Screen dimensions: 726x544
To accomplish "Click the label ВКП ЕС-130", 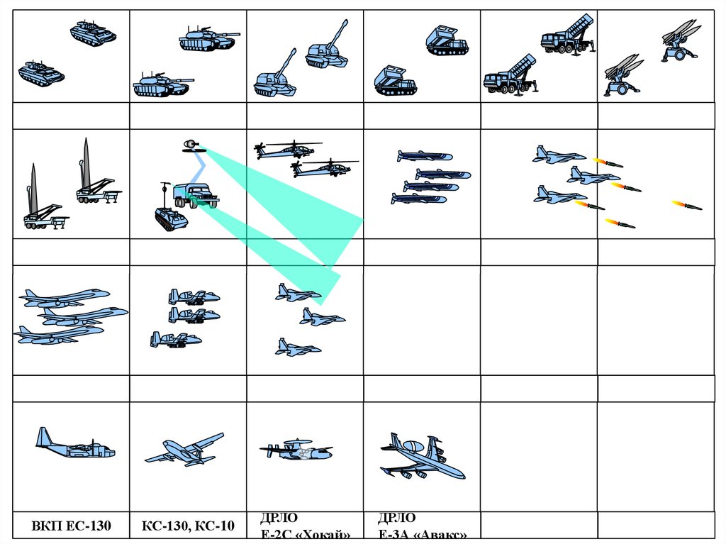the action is (71, 527).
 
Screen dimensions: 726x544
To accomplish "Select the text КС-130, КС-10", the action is (188, 527).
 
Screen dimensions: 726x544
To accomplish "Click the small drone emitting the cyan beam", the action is (189, 145).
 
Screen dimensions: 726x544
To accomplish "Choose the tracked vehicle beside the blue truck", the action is (171, 218).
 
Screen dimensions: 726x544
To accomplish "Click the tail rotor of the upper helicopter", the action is (259, 150).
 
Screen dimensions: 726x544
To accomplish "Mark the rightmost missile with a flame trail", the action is (687, 205).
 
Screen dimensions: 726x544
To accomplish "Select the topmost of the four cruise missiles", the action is (424, 156).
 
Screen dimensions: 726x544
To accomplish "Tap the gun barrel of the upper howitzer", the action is (340, 33).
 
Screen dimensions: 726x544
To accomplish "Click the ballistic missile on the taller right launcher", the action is (86, 162).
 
